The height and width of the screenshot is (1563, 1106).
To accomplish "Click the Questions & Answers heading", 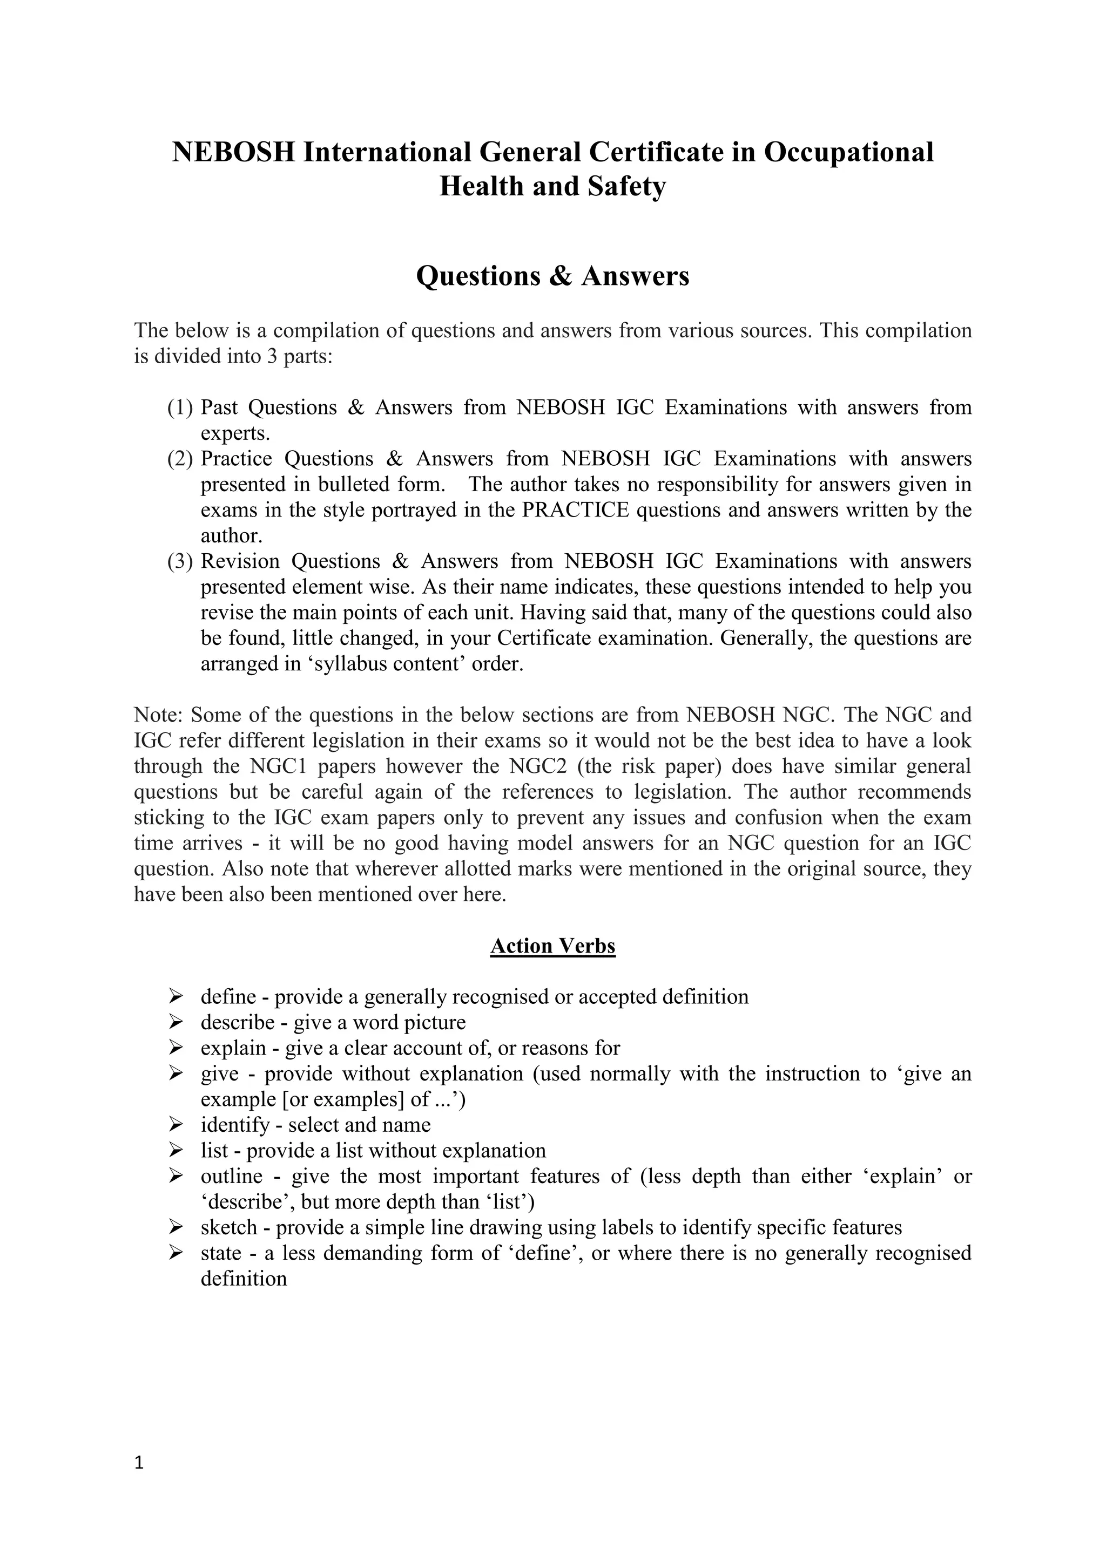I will coord(552,276).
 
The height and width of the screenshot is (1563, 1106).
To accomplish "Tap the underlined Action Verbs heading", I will coord(552,946).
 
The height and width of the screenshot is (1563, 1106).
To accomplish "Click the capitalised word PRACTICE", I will coord(576,510).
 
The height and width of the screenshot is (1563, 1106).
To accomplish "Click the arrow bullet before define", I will coord(176,997).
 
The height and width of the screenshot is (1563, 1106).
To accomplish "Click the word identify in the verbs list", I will coord(235,1125).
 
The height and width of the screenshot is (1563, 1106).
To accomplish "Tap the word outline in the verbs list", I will coord(231,1177).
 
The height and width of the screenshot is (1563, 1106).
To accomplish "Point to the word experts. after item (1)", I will coord(235,433).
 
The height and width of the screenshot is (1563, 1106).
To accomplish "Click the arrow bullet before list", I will coord(176,1151).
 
